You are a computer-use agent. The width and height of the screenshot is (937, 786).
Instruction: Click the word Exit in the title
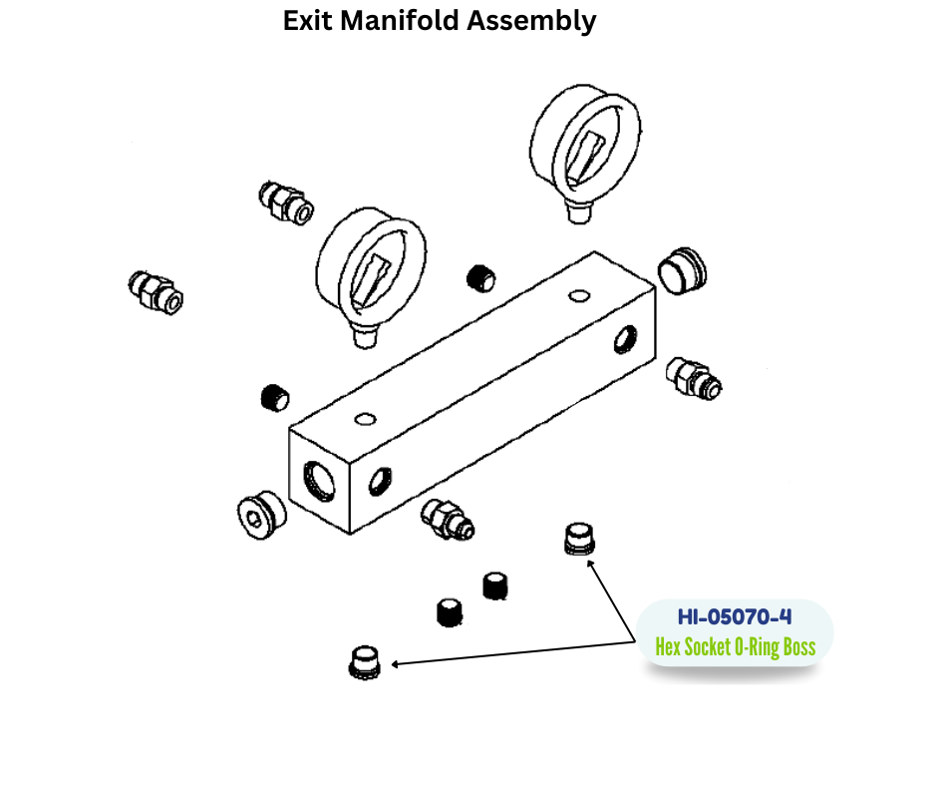[x=308, y=21]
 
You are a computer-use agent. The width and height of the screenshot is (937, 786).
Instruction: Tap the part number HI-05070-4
[x=735, y=616]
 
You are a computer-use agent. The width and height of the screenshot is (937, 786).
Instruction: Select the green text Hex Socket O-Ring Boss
[x=735, y=647]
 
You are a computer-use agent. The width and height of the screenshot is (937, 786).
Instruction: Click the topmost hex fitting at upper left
[x=285, y=202]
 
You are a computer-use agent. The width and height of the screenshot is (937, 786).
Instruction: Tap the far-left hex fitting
[x=156, y=290]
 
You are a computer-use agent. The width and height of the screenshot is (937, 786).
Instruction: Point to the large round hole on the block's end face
[x=319, y=482]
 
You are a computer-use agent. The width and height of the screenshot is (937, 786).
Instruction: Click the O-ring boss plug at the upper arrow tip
[x=579, y=540]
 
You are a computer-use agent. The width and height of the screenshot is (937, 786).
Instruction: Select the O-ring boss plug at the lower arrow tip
[x=365, y=660]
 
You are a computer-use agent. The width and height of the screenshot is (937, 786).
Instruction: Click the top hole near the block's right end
[x=577, y=295]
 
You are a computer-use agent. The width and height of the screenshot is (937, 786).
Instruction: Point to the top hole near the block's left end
[x=366, y=418]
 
